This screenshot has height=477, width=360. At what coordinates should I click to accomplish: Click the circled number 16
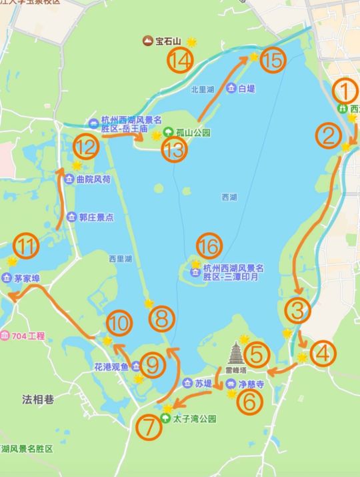pyautogui.click(x=209, y=246)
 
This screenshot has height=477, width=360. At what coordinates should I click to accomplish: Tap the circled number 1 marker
pyautogui.click(x=345, y=91)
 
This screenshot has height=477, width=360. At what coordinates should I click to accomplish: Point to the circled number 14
pyautogui.click(x=181, y=62)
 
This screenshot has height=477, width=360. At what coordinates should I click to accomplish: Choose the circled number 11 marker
pyautogui.click(x=27, y=246)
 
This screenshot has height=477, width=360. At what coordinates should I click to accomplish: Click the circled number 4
pyautogui.click(x=323, y=354)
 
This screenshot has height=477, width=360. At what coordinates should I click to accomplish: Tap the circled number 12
pyautogui.click(x=86, y=145)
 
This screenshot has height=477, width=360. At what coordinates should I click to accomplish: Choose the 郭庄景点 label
pyautogui.click(x=96, y=217)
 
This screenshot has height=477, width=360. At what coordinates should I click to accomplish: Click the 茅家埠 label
pyautogui.click(x=27, y=279)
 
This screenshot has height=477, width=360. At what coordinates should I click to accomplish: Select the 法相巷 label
pyautogui.click(x=37, y=400)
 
